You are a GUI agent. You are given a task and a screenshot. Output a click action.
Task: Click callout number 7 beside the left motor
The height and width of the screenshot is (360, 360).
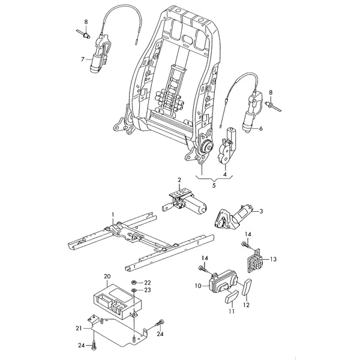[83, 59]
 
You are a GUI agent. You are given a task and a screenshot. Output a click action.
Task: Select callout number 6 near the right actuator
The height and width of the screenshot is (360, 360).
[260, 128]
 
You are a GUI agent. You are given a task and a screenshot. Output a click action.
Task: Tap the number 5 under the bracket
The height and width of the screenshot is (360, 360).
[214, 185]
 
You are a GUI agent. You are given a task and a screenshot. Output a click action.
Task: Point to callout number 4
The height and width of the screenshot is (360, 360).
[225, 175]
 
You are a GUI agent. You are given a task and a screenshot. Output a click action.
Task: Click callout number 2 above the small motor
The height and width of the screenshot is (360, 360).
[179, 180]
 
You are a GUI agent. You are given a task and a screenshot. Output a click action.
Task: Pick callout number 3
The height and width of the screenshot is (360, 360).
[261, 211]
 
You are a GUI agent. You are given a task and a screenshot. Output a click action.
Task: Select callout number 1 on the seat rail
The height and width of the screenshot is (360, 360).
[113, 214]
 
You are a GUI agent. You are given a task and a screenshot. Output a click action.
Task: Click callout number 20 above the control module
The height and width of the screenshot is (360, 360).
[107, 277]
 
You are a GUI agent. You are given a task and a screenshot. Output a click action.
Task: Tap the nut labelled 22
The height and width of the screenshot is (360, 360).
[133, 282]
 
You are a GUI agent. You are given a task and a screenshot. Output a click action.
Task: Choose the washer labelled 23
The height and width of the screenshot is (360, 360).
[133, 290]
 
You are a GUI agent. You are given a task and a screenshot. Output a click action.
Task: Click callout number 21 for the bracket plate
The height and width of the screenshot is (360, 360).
[79, 329]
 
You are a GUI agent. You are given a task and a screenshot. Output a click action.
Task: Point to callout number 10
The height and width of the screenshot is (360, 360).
[198, 286]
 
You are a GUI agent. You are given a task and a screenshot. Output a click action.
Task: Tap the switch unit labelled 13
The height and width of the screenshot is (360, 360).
[254, 260]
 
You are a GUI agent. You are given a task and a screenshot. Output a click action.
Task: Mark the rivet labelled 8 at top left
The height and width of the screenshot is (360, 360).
[83, 34]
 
